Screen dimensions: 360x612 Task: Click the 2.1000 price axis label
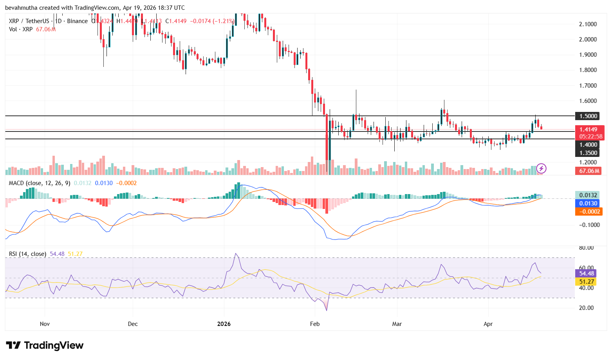pos(588,24)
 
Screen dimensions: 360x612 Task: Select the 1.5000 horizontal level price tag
pos(588,116)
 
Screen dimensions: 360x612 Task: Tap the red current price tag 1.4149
pos(589,130)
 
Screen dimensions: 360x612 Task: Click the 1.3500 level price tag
pos(588,153)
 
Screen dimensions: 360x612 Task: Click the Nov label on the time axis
pos(45,324)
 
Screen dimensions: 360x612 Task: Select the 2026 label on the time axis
pos(224,324)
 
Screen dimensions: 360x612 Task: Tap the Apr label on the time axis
pos(488,324)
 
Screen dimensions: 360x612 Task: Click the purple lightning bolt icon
pos(541,169)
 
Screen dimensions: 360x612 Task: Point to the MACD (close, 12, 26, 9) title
pos(40,183)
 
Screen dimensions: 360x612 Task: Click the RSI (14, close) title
pos(27,254)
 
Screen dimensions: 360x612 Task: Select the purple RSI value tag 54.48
pos(587,274)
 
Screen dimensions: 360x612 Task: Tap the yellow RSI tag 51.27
pos(587,282)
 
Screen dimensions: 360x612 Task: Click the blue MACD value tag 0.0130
pos(588,203)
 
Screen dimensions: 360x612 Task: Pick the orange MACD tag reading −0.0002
pos(588,212)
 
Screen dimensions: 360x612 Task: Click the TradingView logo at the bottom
pos(45,346)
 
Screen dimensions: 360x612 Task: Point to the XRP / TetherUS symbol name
pos(29,21)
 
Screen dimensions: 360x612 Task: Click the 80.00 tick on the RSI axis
pos(586,248)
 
